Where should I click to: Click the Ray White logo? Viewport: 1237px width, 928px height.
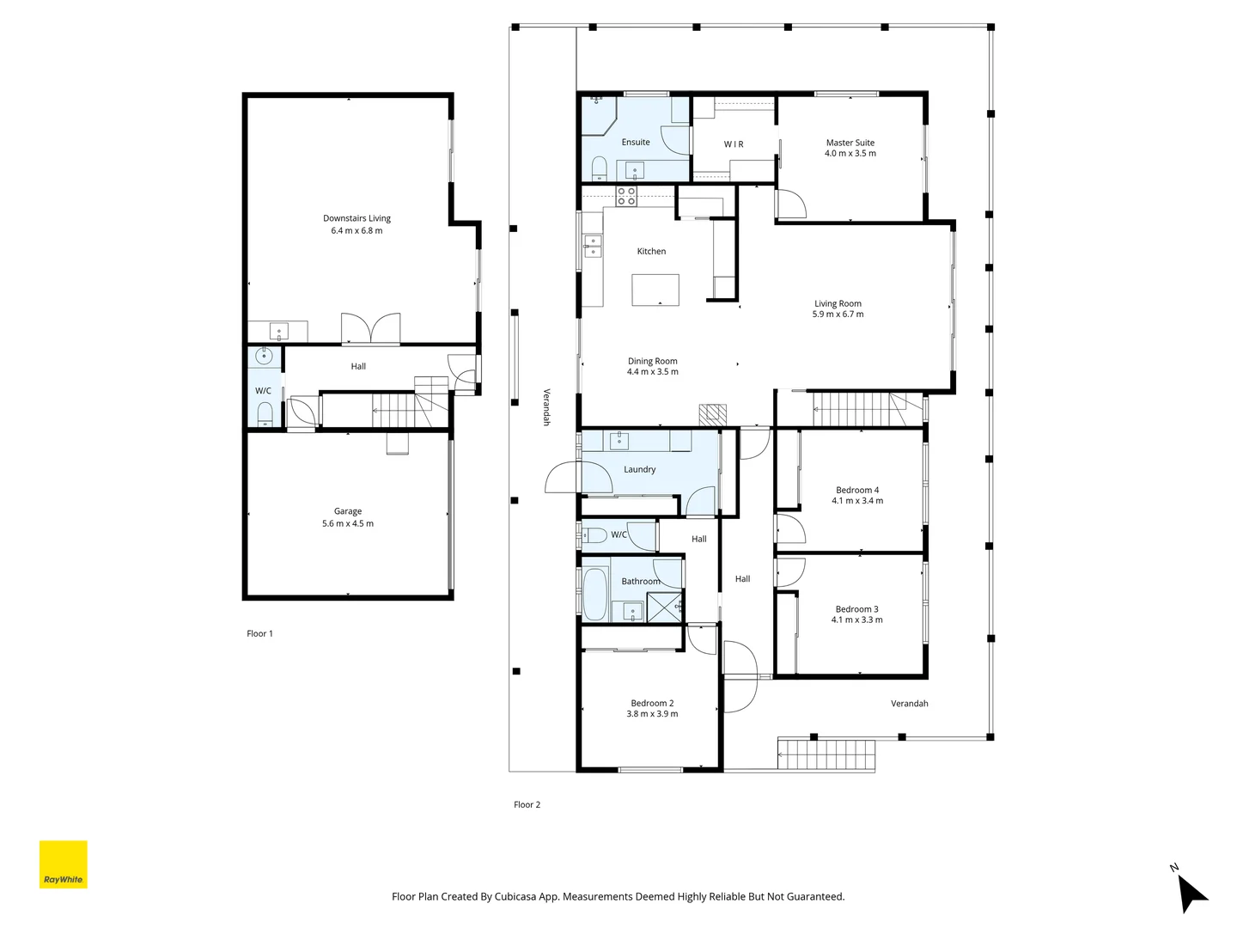(64, 864)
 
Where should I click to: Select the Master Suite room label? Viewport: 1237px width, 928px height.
(850, 143)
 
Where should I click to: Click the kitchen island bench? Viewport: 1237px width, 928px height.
(655, 290)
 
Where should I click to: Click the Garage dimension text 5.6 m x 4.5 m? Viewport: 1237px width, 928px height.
(348, 523)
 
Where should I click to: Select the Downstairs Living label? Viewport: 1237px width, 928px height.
(356, 218)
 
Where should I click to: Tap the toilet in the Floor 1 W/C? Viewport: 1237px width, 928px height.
(265, 415)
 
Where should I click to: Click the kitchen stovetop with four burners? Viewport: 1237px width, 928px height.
(626, 196)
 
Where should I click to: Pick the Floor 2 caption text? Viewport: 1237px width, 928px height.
(527, 805)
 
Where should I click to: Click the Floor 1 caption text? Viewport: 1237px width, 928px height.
(259, 634)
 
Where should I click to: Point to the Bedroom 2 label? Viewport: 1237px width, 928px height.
(652, 703)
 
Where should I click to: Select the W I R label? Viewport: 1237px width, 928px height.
(734, 144)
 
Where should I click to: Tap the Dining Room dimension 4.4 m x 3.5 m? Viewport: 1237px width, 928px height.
(653, 372)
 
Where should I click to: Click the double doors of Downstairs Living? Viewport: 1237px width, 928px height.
(371, 329)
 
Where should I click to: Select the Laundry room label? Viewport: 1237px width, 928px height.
(639, 469)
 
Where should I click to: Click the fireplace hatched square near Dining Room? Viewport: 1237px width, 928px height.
(712, 415)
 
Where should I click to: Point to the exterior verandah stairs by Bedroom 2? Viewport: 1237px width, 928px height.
(826, 754)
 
